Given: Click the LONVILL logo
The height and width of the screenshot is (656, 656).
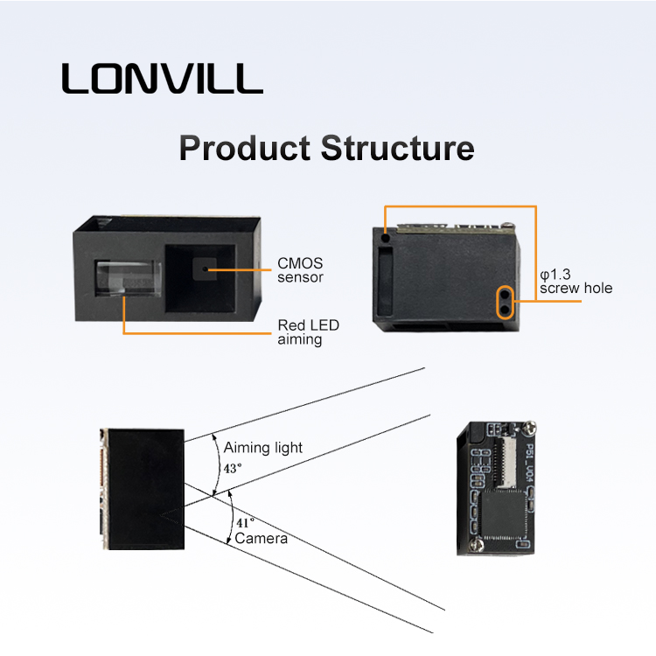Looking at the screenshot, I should [x=162, y=79].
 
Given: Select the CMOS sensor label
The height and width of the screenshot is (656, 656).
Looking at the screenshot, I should [x=300, y=269].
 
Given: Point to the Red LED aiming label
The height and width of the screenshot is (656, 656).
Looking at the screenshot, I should [x=308, y=332].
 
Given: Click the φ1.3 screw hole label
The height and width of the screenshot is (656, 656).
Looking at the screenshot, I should [x=576, y=282].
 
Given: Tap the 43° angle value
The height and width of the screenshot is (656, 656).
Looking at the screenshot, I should [x=233, y=468].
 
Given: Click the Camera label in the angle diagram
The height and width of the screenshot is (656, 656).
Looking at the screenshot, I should [x=261, y=539].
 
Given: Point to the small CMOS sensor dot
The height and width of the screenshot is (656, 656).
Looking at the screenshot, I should [x=206, y=269].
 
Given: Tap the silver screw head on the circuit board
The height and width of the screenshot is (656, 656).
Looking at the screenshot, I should [x=530, y=428].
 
